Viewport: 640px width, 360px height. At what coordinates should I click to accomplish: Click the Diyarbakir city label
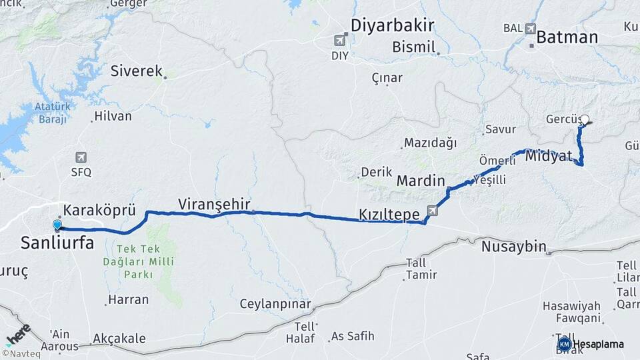(393, 26)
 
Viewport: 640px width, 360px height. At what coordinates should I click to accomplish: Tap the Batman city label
(567, 37)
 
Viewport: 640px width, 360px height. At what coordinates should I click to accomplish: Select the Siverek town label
(137, 70)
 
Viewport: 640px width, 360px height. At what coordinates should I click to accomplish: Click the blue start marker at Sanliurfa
(57, 225)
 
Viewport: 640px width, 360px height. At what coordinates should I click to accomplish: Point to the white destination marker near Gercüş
(585, 121)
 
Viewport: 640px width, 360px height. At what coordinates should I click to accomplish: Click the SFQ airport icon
(81, 158)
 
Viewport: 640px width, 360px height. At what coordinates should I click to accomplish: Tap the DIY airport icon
(341, 41)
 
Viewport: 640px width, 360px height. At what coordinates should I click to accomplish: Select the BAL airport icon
(531, 29)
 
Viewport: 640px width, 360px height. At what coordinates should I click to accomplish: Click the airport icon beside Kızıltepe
(433, 211)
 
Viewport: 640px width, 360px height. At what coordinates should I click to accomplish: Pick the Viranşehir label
(214, 204)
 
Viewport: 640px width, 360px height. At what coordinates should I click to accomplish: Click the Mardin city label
(421, 180)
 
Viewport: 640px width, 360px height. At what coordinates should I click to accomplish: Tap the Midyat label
(549, 157)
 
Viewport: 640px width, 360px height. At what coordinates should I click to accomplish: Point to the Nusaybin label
(513, 246)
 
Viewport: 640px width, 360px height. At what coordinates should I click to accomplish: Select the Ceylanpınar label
(275, 304)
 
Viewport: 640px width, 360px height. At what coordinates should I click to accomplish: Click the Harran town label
(128, 299)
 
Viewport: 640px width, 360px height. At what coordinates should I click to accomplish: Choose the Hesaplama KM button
(591, 344)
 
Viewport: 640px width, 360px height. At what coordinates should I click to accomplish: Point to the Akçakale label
(119, 339)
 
